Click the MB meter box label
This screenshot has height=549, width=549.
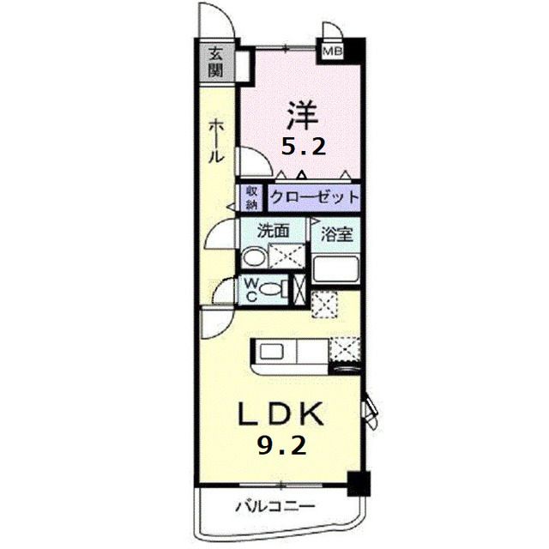click(331, 52)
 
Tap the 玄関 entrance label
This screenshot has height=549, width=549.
click(215, 63)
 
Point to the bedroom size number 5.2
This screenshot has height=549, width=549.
click(305, 147)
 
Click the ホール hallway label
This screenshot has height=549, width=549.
click(216, 141)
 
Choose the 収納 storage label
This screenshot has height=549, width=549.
click(251, 198)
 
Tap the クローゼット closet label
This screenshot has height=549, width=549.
click(314, 197)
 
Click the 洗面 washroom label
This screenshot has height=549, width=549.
click(274, 230)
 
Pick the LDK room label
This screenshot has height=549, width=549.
click(281, 416)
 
